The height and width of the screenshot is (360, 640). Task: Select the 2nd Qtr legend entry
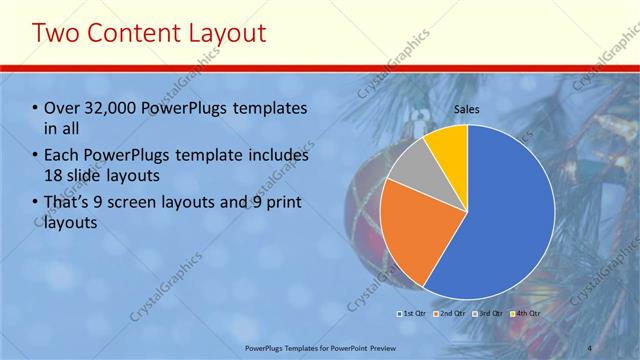click(x=452, y=314)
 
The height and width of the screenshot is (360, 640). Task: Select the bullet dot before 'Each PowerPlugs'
click(x=36, y=157)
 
